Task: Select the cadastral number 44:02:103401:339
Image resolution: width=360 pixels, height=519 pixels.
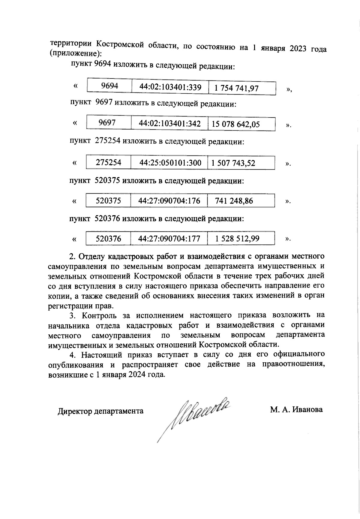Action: coord(170,87)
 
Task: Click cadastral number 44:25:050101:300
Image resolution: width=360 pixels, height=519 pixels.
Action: coord(170,163)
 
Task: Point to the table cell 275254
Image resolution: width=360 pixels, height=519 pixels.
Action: coord(108,163)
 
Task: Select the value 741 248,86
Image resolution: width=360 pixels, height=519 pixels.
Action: coord(234,201)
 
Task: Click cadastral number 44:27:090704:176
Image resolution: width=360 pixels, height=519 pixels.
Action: coord(169,201)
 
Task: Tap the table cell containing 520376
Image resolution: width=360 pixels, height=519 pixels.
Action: coord(108,239)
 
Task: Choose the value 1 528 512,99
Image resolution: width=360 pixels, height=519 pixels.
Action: coord(237,239)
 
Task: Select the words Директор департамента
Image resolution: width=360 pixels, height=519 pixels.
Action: coord(100,411)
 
